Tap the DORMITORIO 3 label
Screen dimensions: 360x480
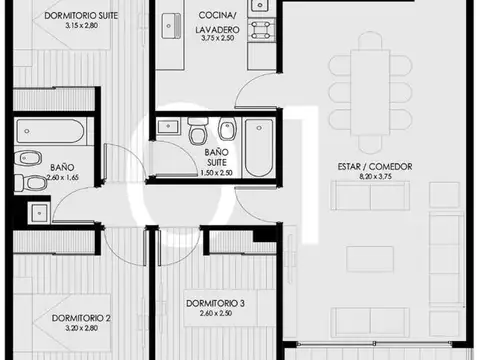pos(215,303)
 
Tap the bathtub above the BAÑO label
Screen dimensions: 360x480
pos(56,133)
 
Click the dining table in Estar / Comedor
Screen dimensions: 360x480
pos(370,86)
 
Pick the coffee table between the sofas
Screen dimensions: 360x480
pos(369,259)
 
